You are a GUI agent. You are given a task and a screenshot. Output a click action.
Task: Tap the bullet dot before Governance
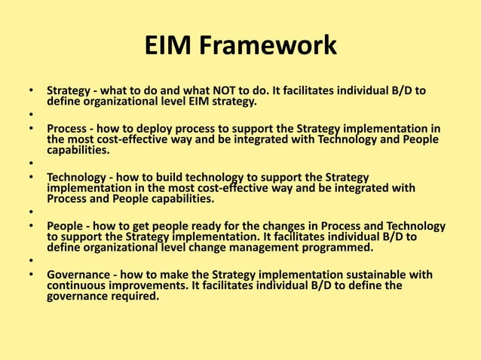click(x=31, y=276)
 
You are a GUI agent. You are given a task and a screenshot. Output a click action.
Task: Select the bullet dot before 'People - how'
click(x=31, y=227)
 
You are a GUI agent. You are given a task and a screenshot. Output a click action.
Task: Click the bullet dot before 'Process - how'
click(x=31, y=130)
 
